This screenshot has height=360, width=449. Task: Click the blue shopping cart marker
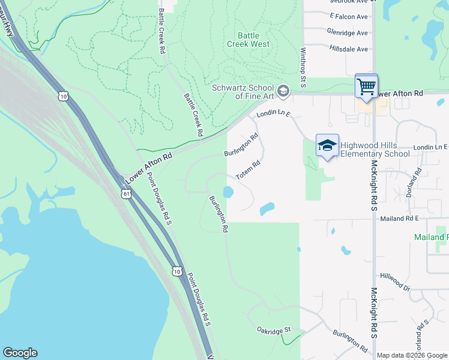366,86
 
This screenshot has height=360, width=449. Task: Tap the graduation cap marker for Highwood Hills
327,146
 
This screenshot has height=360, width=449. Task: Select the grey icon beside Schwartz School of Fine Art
284,91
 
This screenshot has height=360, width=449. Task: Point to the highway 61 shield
125,194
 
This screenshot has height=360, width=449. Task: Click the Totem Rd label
247,167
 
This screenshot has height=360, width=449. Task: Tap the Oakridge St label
273,329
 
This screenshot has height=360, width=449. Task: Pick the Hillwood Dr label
394,281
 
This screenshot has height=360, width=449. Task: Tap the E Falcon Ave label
348,17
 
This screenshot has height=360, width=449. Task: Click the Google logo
20,353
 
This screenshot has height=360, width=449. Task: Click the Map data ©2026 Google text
412,355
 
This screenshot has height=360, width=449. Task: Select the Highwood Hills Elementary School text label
375,149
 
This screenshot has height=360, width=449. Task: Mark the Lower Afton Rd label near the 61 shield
149,167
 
